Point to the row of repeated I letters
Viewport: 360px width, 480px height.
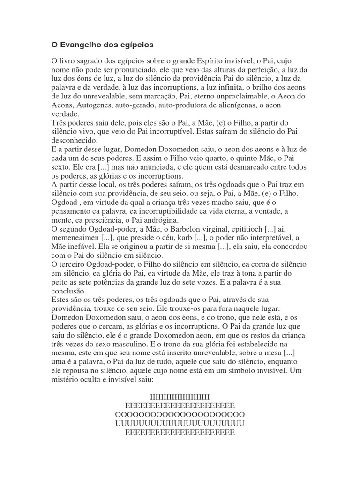180,397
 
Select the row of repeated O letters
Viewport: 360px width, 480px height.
180,415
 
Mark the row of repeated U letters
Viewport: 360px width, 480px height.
180,424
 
